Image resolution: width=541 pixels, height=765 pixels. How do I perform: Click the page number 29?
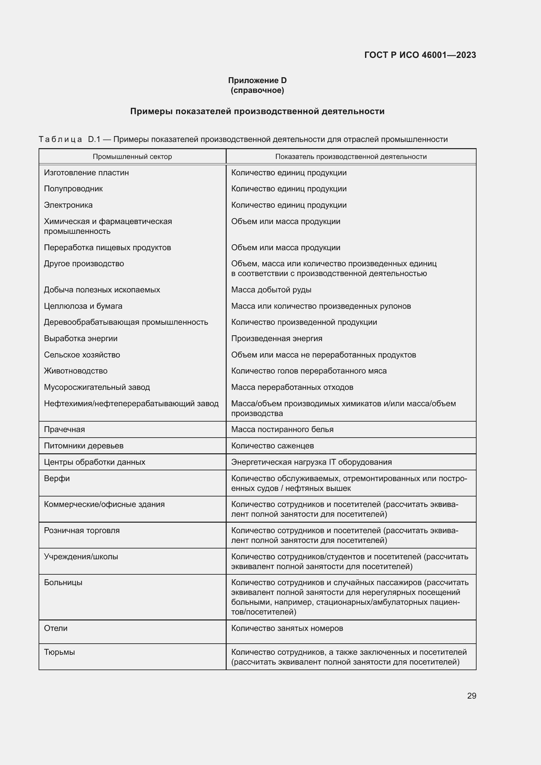click(x=471, y=696)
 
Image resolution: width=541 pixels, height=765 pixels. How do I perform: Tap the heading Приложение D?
click(x=257, y=80)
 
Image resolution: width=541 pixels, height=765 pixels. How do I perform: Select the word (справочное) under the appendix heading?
click(x=257, y=90)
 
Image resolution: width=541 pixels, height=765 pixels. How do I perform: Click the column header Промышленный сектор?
click(x=132, y=157)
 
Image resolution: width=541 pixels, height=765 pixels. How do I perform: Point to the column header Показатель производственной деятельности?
click(x=351, y=157)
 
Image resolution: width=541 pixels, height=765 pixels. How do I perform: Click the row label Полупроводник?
click(x=73, y=189)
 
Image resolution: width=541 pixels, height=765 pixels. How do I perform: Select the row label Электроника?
click(x=68, y=205)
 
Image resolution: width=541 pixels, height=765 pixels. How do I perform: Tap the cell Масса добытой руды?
click(x=271, y=289)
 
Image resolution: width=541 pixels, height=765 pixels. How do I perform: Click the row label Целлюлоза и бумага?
click(x=83, y=306)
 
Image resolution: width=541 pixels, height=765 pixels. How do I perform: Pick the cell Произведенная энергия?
click(x=276, y=339)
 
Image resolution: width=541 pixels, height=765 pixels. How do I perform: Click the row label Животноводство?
click(x=76, y=371)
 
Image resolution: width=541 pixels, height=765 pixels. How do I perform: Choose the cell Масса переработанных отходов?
click(x=292, y=387)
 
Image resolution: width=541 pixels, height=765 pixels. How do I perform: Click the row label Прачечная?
click(x=64, y=429)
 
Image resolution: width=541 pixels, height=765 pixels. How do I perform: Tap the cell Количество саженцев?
click(x=272, y=445)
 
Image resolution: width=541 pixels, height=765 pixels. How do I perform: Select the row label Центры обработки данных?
click(x=95, y=462)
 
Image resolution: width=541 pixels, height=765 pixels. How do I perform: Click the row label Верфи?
click(x=57, y=478)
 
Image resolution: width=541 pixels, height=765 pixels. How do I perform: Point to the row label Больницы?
click(x=63, y=582)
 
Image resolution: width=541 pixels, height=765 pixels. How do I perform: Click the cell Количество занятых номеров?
click(x=287, y=628)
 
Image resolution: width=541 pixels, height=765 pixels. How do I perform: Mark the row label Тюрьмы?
click(x=59, y=652)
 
